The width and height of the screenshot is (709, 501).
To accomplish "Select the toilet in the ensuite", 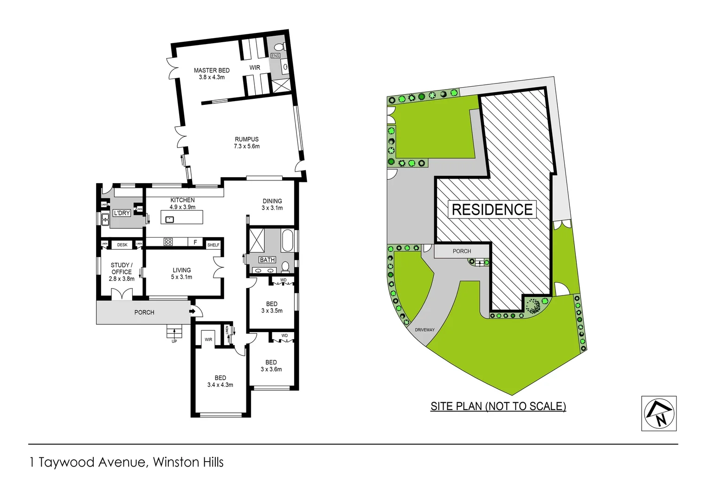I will (279, 47).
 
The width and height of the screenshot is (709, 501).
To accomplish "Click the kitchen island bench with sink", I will (182, 217).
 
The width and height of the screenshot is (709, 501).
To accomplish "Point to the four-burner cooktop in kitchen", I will (168, 242).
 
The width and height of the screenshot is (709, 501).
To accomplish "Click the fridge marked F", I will (195, 242).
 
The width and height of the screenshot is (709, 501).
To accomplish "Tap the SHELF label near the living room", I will (213, 245).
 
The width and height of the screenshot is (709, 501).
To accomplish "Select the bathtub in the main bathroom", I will (287, 240).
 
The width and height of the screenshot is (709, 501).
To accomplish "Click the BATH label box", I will (267, 260).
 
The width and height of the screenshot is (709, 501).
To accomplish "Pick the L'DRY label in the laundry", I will (122, 213).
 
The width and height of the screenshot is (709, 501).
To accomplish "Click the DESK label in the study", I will (122, 244).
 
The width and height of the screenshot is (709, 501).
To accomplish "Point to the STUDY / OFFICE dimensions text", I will (122, 279).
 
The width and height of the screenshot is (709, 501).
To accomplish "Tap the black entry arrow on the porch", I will (193, 312).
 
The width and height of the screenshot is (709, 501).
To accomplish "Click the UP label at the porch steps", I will (174, 341).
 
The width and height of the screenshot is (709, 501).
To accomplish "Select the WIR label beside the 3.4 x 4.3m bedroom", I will (208, 340).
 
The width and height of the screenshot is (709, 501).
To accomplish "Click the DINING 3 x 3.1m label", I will (272, 205).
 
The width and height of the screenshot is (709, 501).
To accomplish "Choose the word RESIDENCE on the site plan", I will (492, 210).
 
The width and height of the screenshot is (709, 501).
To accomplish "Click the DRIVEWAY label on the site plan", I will (425, 330).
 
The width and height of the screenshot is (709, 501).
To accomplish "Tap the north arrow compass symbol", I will (658, 413).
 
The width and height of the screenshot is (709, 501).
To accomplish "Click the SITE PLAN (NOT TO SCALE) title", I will (498, 406).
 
